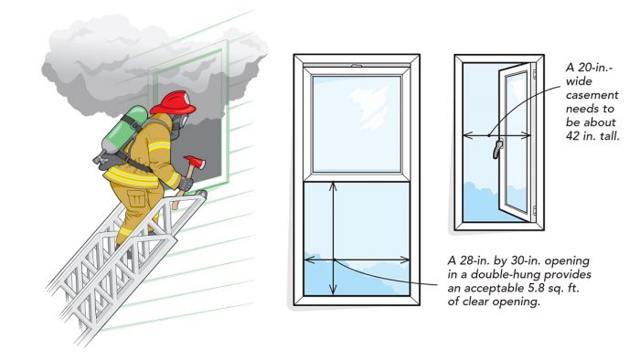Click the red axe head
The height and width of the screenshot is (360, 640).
(x=195, y=162)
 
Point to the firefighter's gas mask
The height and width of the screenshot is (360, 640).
(x=179, y=125)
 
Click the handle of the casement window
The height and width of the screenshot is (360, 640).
(x=497, y=148)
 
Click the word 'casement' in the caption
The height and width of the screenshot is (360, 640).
(x=592, y=95)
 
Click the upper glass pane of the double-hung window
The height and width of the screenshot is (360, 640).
(x=357, y=123)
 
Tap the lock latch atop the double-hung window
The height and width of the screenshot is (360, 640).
(x=357, y=65)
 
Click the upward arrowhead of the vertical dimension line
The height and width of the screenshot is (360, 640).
(x=334, y=186)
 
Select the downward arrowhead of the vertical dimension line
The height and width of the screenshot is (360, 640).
(x=334, y=290)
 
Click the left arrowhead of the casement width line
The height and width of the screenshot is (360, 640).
(x=468, y=135)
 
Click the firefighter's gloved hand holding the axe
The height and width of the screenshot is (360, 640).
(x=186, y=184)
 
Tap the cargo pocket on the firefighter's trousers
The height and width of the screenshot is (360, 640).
(x=136, y=199)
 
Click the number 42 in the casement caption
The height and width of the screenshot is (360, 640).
(x=573, y=136)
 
